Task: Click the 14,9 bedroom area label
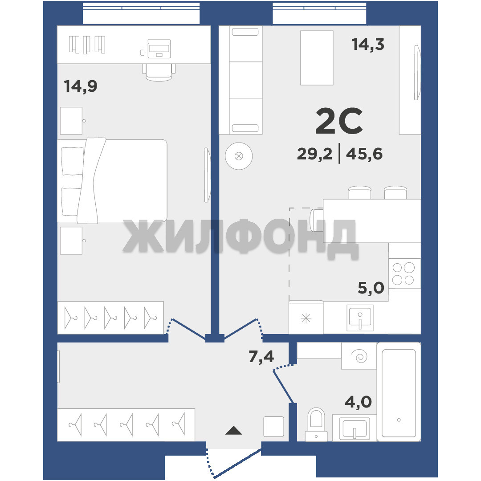[81, 86]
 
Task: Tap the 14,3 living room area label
[368, 44]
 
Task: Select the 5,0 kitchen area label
[371, 288]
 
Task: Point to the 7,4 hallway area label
[261, 356]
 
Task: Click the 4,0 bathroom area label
[358, 402]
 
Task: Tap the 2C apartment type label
[339, 121]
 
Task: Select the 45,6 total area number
[364, 154]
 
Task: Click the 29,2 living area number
[315, 154]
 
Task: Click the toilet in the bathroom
[316, 424]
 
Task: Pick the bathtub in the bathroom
[399, 392]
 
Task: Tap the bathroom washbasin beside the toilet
[355, 428]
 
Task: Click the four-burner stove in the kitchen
[404, 273]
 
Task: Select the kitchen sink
[360, 318]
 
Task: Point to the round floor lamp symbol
[239, 156]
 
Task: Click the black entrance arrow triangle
[234, 430]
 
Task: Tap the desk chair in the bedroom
[159, 73]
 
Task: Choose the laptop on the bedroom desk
[159, 49]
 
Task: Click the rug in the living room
[317, 57]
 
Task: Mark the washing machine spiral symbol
[359, 356]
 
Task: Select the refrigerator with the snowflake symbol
[306, 318]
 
